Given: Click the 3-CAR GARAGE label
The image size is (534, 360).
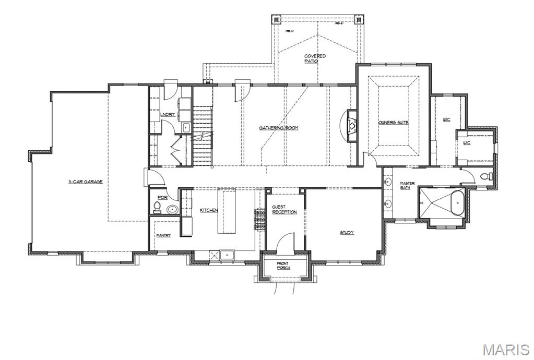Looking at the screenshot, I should point(85,182).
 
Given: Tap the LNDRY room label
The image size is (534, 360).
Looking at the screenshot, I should point(168,114).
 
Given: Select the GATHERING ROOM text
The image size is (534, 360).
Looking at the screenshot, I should point(279,128).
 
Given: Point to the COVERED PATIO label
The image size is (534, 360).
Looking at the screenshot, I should point(315,58).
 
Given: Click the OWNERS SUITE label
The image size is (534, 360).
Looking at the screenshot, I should point(393,123).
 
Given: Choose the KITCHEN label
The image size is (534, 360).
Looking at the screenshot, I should point(209,210).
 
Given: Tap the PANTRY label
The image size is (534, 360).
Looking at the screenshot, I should point(163,235).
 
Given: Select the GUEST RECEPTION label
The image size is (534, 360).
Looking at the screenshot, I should point(284,210).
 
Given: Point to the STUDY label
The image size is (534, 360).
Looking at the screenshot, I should point(347,233).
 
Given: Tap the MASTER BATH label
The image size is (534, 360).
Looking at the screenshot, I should point(407,186).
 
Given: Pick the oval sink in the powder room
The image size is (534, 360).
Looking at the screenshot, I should point(172,210).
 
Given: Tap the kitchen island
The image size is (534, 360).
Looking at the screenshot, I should point(227,211).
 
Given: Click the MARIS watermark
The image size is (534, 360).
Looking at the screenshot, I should point(506,349).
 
